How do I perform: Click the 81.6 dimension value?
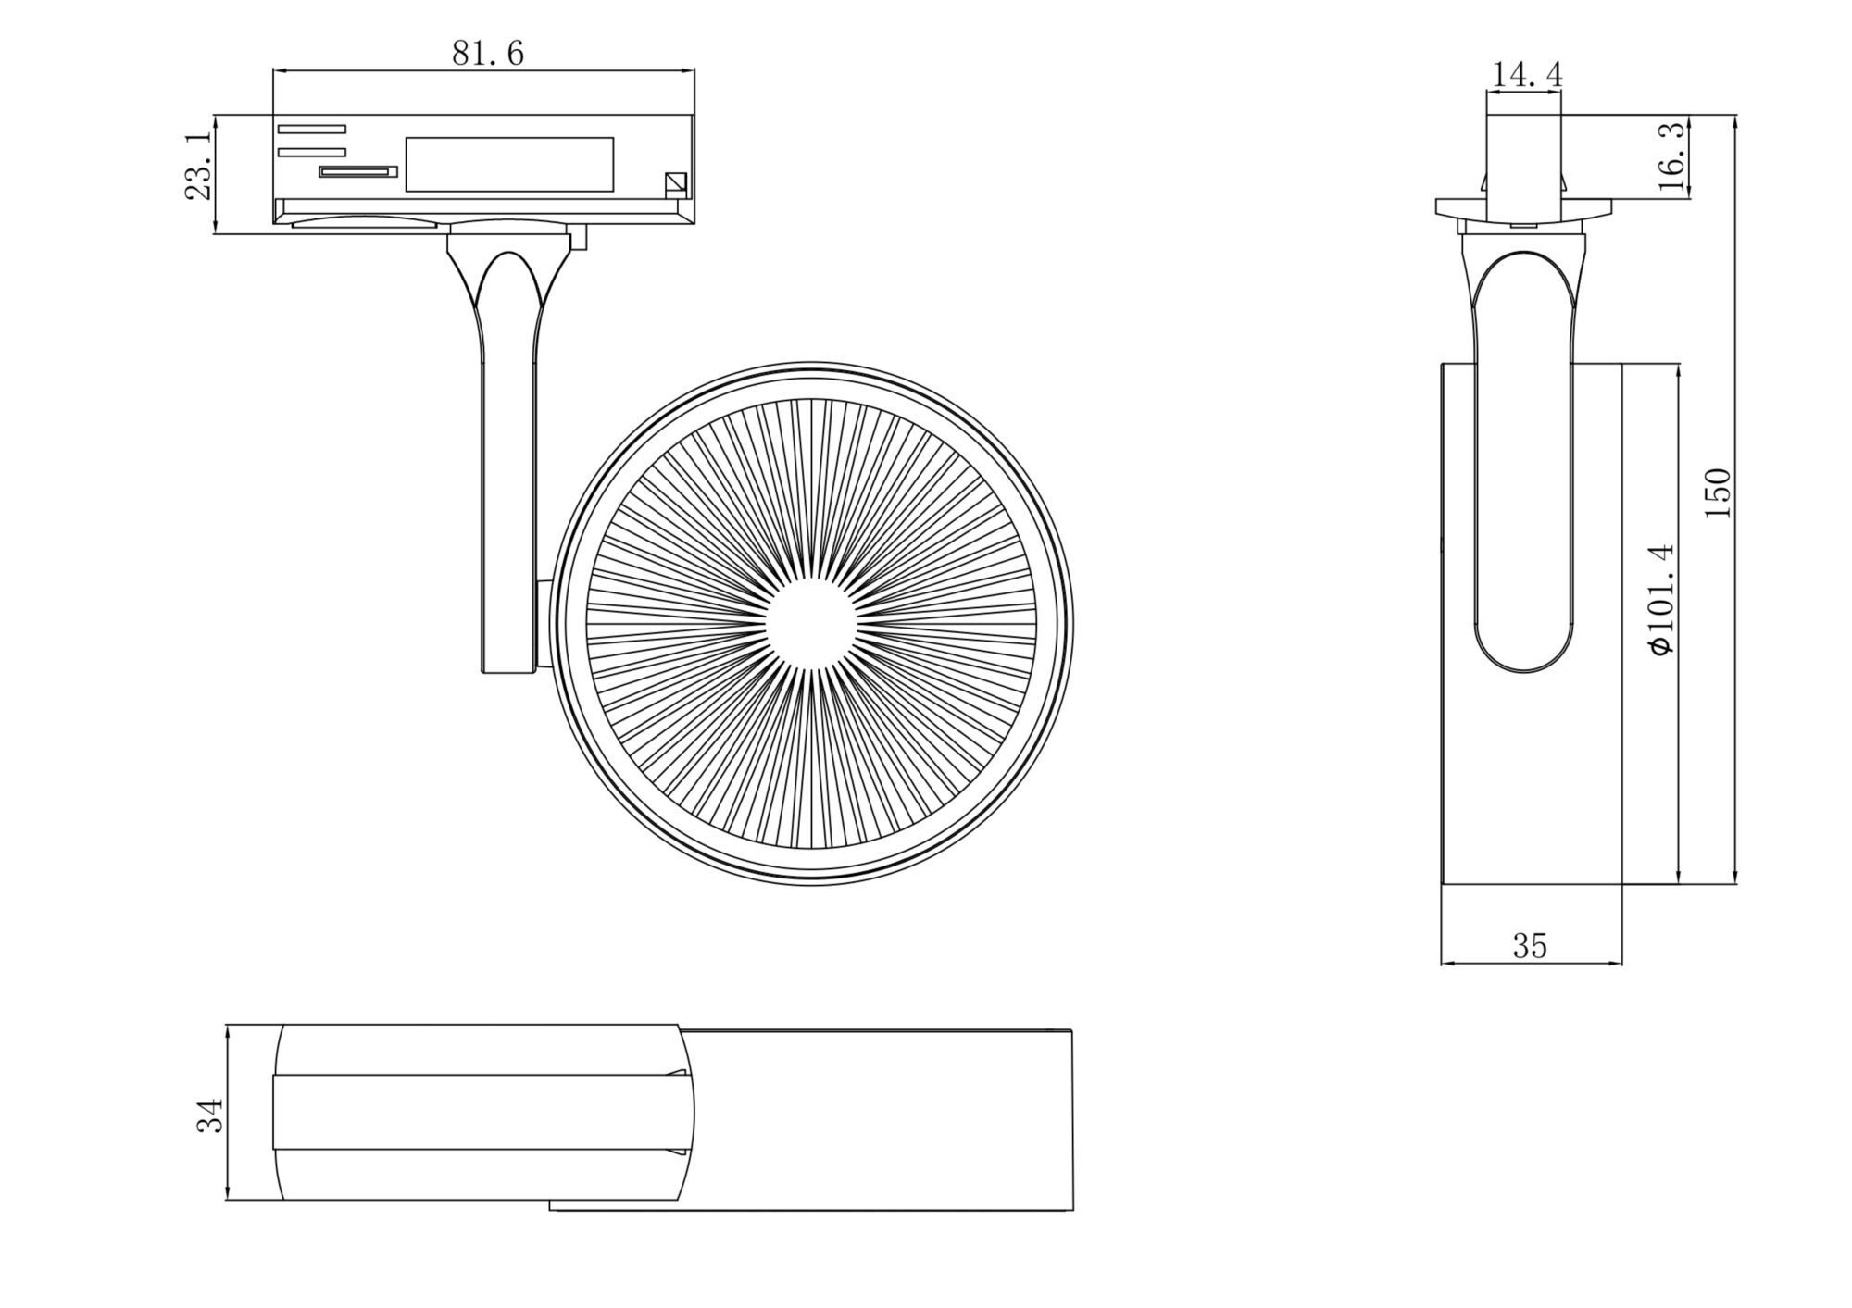coord(488,53)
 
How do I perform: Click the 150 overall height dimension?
coord(1717,492)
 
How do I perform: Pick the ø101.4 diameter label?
coord(1662,600)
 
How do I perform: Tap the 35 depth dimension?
coord(1530,945)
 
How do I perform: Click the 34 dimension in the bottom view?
coord(210,1115)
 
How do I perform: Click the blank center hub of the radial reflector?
coord(810,624)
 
